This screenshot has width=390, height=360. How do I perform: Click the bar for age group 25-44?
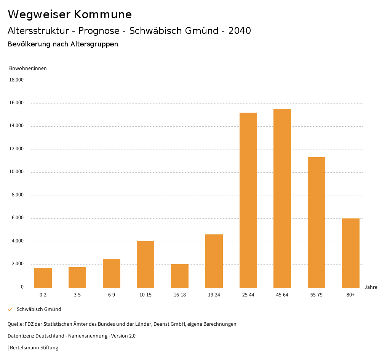point(248,200)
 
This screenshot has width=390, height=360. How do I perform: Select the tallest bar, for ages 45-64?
point(282,198)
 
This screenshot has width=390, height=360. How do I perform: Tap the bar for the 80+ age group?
point(351,253)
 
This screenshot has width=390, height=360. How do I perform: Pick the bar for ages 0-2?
point(43,278)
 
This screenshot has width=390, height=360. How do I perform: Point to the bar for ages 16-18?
point(180,276)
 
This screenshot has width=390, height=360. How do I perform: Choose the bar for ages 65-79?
point(316,222)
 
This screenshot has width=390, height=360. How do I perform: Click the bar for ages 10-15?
point(145,264)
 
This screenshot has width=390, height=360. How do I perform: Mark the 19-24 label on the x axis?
point(214,295)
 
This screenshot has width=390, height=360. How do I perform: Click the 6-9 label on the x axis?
point(112,295)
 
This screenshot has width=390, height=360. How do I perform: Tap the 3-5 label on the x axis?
point(77,295)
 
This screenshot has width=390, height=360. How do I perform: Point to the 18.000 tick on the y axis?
point(16,80)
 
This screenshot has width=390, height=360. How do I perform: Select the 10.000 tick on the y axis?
point(16,172)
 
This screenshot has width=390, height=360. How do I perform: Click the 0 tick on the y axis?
point(22,287)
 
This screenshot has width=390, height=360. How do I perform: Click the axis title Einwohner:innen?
point(27,68)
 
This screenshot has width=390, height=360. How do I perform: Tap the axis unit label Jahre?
point(371,287)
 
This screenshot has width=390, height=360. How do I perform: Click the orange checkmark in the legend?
point(10,309)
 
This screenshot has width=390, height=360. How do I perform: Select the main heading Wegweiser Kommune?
point(70,14)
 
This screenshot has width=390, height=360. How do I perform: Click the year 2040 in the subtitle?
point(240,31)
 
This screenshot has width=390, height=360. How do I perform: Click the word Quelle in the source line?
point(15,324)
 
